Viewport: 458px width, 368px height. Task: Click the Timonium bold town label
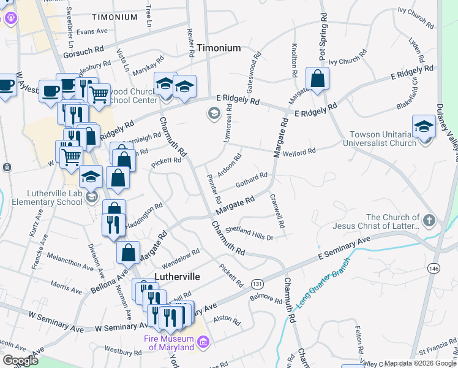[219, 48]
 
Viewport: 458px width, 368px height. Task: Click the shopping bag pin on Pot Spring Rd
[318, 79]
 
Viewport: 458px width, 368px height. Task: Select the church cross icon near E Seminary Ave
[429, 220]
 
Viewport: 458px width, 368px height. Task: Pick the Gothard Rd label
[252, 179]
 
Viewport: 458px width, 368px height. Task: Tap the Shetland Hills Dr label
[249, 232]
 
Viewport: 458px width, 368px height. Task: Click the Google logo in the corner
[20, 361]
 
